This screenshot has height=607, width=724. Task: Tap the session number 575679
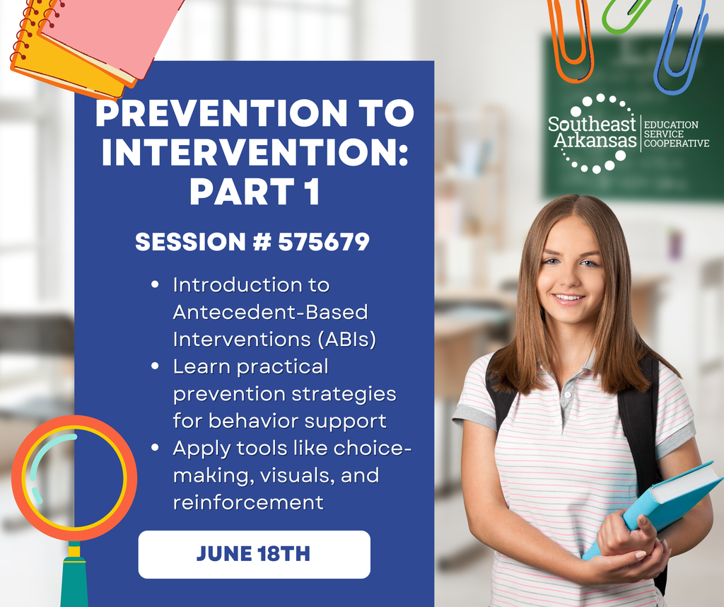point(323,242)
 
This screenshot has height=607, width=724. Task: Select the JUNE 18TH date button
point(254,554)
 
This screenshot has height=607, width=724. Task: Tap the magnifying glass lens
point(74,477)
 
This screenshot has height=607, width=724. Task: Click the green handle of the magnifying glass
point(74,580)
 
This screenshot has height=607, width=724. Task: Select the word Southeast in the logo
point(592,124)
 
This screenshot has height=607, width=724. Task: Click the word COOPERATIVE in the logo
point(676,144)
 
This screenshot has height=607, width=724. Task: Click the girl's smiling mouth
point(568,299)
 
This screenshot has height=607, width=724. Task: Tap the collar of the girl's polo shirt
point(566,382)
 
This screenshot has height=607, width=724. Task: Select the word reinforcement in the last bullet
point(248,502)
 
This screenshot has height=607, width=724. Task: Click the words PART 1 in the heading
point(255,192)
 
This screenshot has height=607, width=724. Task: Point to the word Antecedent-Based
point(270,312)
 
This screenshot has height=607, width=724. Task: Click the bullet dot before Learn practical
point(156,366)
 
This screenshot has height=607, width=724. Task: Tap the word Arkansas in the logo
point(595,140)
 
